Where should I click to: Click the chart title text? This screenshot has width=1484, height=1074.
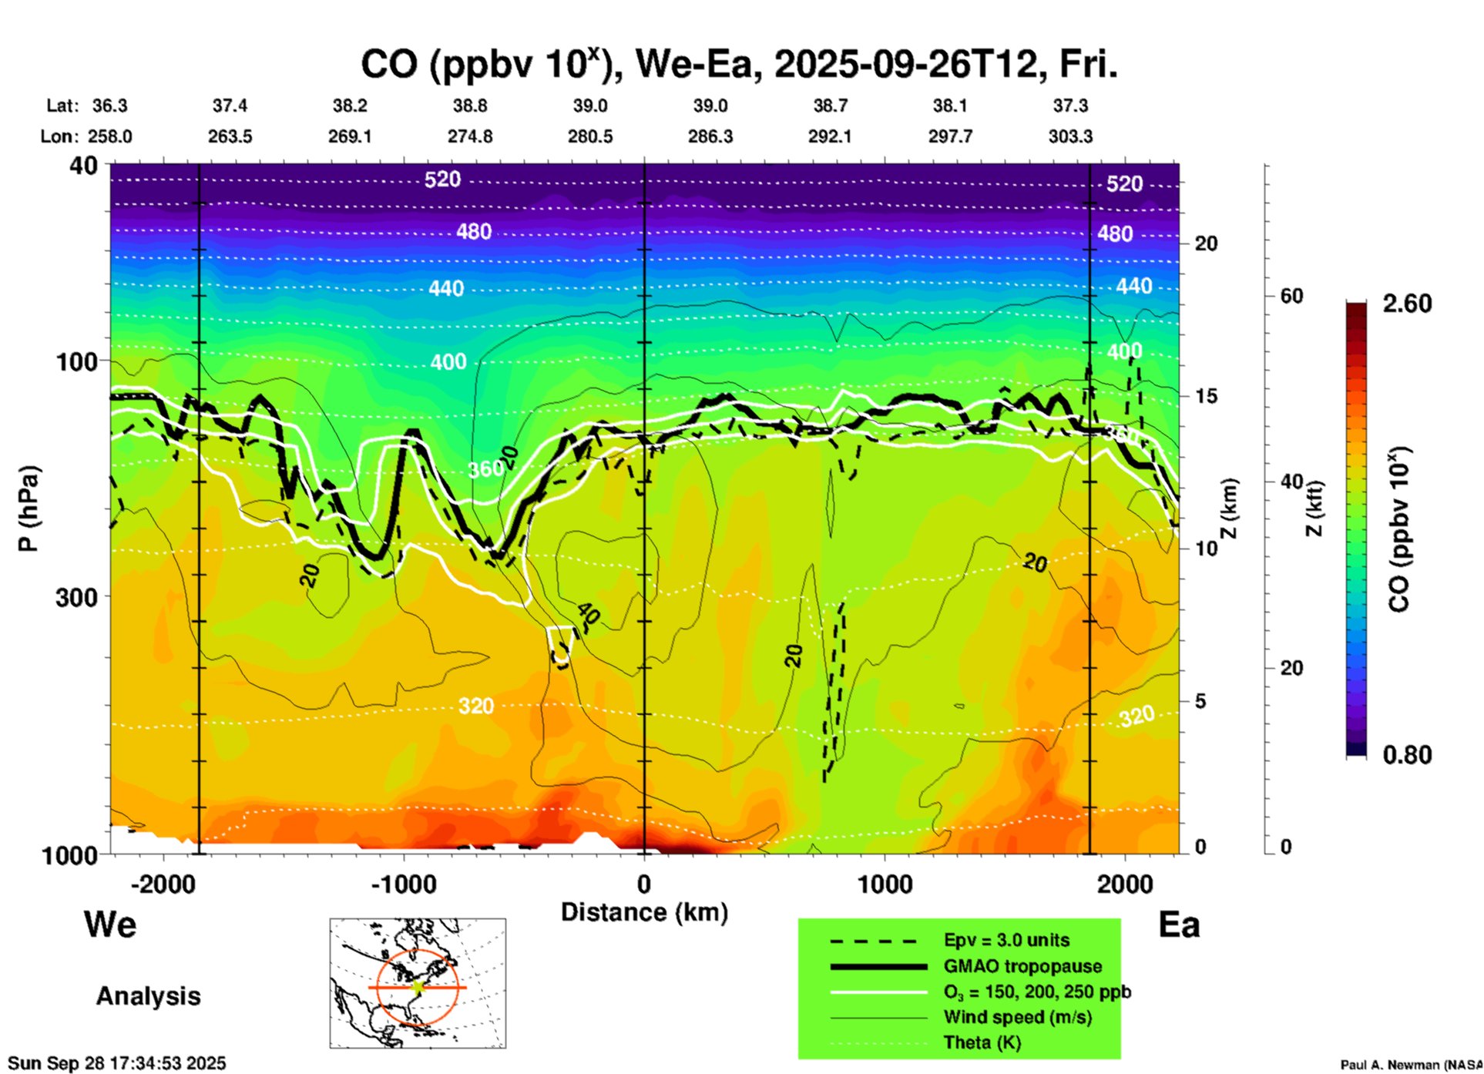(738, 65)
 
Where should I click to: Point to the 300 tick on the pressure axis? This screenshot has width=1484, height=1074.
(76, 597)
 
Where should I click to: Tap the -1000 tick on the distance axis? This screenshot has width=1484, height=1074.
(404, 884)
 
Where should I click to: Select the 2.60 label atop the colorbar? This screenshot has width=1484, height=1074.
(1407, 304)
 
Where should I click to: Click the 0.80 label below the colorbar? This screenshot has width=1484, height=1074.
(1407, 754)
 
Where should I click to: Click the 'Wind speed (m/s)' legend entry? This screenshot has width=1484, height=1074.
(1017, 1017)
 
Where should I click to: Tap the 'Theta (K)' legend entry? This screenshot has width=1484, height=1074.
(982, 1042)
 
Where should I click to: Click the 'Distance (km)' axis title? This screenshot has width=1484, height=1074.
(644, 912)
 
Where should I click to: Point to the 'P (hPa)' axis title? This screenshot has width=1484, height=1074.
(29, 508)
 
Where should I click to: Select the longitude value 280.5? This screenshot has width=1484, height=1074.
(590, 136)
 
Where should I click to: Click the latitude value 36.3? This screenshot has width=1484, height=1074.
(110, 106)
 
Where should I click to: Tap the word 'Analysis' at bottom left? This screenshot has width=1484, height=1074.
(148, 996)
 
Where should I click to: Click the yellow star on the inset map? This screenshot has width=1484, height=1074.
(418, 986)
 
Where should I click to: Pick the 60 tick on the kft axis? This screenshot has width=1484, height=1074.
(1291, 296)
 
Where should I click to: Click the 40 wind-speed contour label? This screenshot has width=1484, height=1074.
(587, 614)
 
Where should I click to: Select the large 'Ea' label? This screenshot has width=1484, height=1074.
(1179, 925)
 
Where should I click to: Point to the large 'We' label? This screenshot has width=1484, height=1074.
(110, 925)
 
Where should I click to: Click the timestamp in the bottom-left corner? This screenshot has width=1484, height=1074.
(117, 1063)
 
